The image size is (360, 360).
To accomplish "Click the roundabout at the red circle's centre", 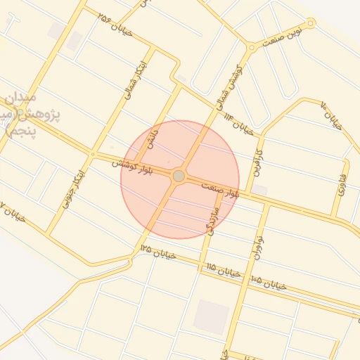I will [179, 176].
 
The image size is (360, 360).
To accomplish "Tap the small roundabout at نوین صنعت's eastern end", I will [311, 23].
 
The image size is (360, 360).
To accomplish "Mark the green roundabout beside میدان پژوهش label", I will [20, 112].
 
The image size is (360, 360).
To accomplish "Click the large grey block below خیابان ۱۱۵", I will [212, 316].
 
